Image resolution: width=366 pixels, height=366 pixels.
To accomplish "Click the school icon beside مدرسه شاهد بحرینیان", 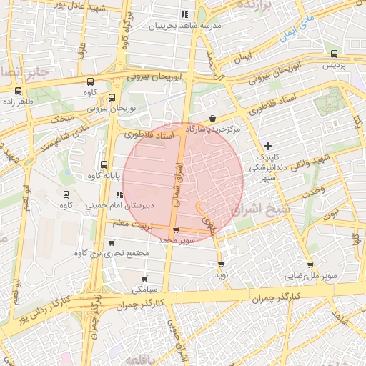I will point(184,14).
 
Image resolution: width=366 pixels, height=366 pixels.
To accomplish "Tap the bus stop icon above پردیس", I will point(334,54).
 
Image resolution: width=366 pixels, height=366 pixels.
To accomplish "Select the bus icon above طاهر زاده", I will point(18,91).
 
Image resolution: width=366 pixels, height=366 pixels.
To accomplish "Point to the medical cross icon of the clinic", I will point(267,146).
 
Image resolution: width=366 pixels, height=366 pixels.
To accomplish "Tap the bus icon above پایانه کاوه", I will point(104,164).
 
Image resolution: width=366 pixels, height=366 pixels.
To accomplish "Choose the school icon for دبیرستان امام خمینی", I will point(119,194).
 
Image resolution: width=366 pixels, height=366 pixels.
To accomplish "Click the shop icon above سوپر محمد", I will point(176,229).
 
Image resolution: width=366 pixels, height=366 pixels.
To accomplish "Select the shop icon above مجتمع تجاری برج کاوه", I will point(112,242).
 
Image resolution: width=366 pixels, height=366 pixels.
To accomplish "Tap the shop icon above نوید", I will point(220,263).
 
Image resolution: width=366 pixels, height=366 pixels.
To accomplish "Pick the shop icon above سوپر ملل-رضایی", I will point(310,264).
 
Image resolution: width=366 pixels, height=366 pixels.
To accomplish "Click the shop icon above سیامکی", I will point(144,279).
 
